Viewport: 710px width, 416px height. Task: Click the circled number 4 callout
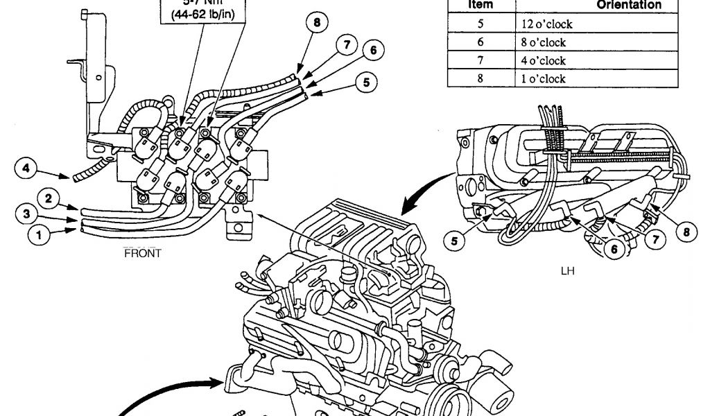coord(25,168)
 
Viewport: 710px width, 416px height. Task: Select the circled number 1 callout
coord(39,235)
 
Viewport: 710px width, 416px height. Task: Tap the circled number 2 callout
coord(49,199)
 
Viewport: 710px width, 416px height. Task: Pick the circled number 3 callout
coord(26,215)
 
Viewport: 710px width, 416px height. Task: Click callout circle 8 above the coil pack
coord(316,23)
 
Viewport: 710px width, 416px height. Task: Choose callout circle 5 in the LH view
coord(454,242)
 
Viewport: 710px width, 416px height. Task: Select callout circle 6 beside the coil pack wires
coord(373,51)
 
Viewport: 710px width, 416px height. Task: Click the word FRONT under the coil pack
coord(142,253)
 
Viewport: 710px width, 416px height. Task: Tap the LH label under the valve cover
coord(568,272)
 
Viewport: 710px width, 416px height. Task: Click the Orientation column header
coord(629,6)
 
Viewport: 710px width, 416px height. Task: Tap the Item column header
coord(480,6)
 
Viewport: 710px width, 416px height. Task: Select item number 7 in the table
coord(480,60)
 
